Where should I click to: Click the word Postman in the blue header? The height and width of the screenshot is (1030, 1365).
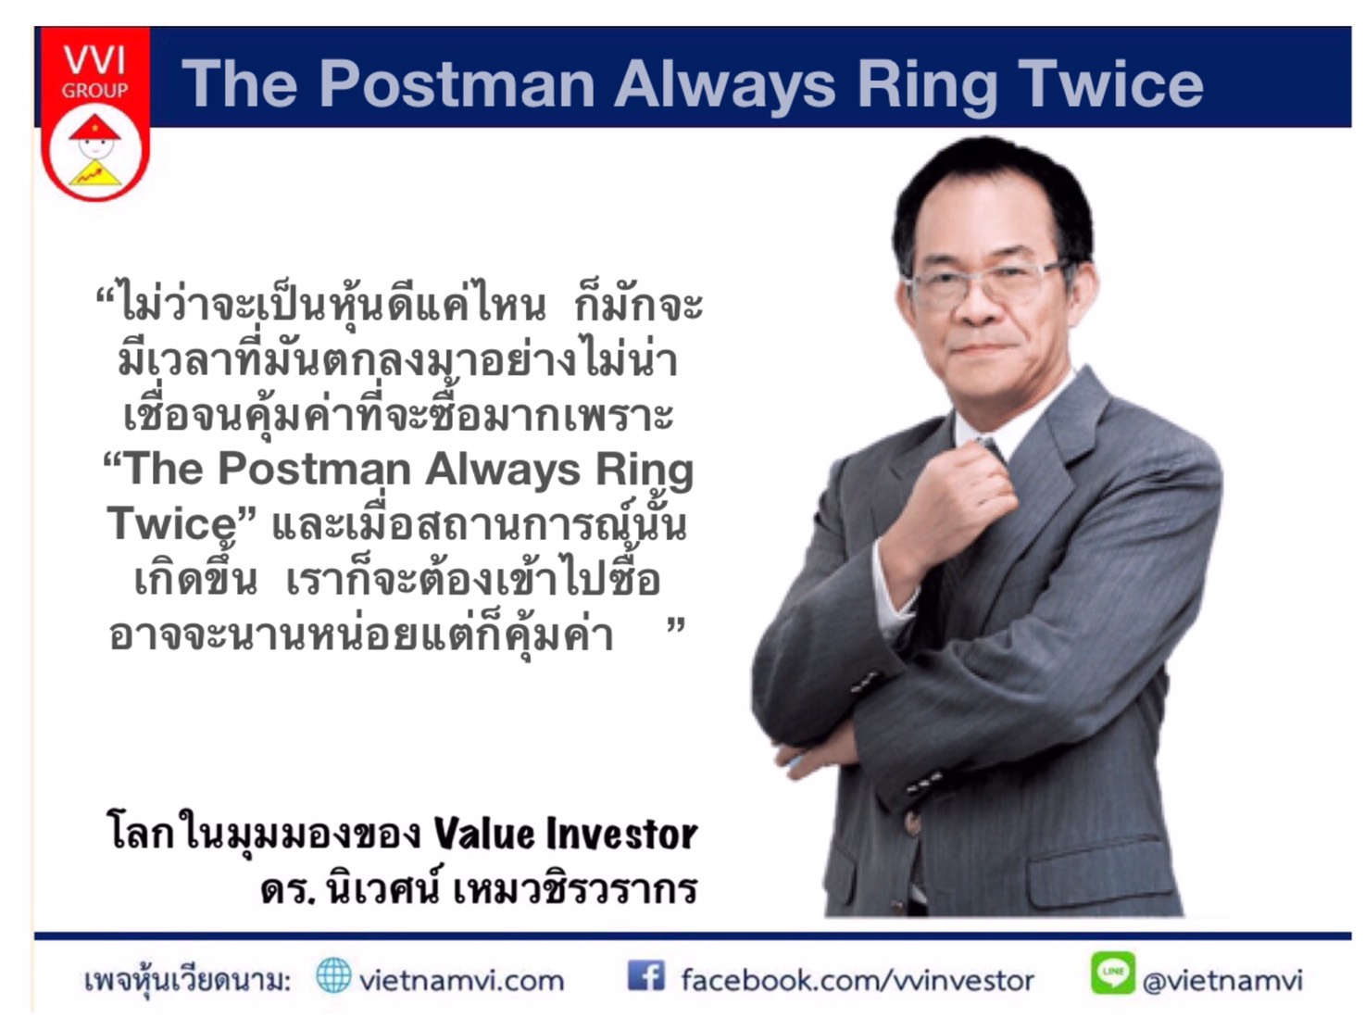click(x=457, y=83)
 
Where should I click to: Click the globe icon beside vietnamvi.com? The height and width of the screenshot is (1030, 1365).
click(x=332, y=974)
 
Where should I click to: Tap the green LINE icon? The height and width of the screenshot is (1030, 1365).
click(x=1112, y=973)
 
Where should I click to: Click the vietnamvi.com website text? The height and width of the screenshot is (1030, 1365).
click(x=461, y=981)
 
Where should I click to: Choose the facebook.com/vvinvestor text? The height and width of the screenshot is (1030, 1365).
click(x=857, y=980)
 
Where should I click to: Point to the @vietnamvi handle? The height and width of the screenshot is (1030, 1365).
click(x=1221, y=981)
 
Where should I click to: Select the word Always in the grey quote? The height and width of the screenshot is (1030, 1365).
click(x=502, y=470)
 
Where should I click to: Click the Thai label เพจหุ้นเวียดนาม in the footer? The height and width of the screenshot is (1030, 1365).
click(x=188, y=981)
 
